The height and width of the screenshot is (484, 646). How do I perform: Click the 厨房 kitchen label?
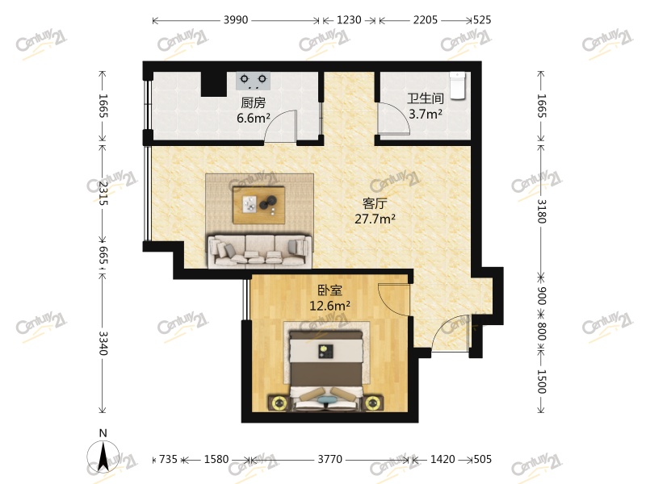253,102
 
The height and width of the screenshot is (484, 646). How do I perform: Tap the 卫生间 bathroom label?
426,98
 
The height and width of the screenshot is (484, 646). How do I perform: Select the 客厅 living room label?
375,203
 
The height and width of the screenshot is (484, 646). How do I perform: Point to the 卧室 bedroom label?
330,290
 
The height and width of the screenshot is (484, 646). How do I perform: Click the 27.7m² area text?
375,219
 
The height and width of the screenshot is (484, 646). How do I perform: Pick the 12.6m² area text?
330,306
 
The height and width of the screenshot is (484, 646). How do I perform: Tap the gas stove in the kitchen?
254,81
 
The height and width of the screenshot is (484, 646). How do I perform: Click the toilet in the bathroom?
458,86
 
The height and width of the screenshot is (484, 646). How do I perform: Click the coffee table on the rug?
258,205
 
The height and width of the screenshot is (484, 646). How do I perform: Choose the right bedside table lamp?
372,403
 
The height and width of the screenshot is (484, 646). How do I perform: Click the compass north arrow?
103,456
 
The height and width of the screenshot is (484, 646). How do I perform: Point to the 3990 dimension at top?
236,19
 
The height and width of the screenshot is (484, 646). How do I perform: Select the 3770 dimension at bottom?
329,459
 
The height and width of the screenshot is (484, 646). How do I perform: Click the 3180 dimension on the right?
541,211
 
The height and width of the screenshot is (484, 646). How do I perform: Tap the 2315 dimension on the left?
103,193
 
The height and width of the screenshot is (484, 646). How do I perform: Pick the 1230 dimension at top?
349,19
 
